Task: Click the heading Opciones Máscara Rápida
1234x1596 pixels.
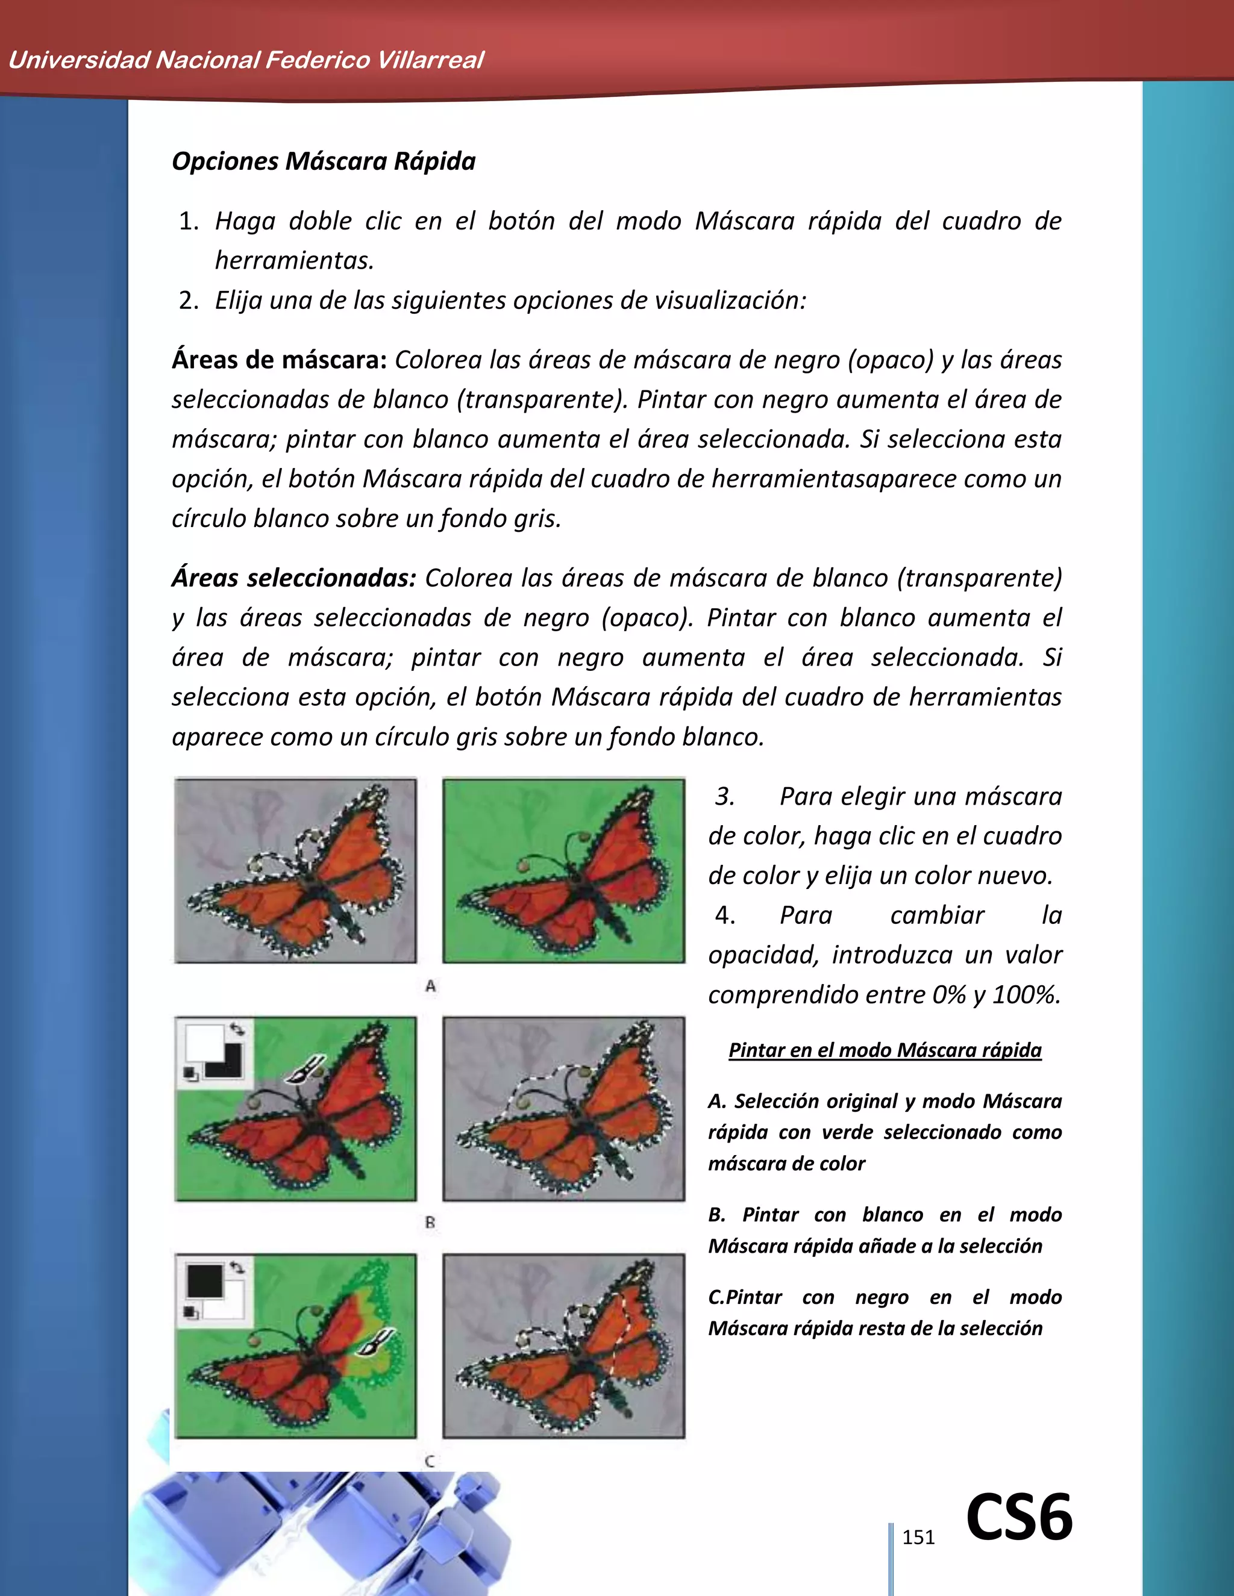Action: pyautogui.click(x=323, y=161)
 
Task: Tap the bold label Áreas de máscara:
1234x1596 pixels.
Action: pyautogui.click(x=278, y=360)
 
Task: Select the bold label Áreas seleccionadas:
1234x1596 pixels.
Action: pyautogui.click(x=293, y=578)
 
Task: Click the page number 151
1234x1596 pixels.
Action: pyautogui.click(x=918, y=1538)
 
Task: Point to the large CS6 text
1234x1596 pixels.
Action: pyautogui.click(x=1019, y=1518)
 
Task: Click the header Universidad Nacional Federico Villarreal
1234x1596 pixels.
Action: pyautogui.click(x=246, y=60)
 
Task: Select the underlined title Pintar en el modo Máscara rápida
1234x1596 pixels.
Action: pyautogui.click(x=885, y=1050)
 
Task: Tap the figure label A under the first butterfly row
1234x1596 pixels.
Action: pyautogui.click(x=431, y=987)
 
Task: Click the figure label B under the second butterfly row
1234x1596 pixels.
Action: pyautogui.click(x=430, y=1222)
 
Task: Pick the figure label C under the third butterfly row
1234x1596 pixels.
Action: pyautogui.click(x=430, y=1461)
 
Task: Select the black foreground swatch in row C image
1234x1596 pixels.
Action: pyautogui.click(x=204, y=1280)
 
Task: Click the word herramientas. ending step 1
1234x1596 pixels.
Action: pyautogui.click(x=294, y=260)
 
